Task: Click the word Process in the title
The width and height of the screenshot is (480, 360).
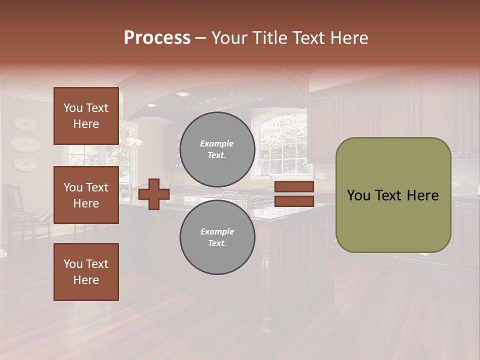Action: [x=157, y=37]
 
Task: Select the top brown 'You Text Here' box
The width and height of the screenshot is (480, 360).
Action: [x=86, y=116]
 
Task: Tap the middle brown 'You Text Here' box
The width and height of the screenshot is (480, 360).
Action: [x=86, y=195]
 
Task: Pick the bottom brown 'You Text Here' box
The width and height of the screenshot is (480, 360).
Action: [x=86, y=272]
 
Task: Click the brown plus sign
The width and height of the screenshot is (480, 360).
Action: [x=154, y=194]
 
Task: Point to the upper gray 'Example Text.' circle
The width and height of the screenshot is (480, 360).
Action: [x=217, y=149]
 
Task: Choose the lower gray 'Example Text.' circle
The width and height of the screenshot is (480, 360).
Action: [x=217, y=237]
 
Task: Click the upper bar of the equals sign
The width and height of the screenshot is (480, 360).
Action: [x=294, y=187]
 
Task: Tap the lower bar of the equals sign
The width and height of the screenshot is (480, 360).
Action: [x=294, y=201]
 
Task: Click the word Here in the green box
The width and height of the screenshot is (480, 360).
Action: [x=421, y=195]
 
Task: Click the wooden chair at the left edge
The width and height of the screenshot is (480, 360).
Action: [x=15, y=210]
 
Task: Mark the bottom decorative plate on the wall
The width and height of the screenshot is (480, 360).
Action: [x=25, y=162]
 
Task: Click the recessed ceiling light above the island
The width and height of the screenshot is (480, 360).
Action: [x=183, y=94]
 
